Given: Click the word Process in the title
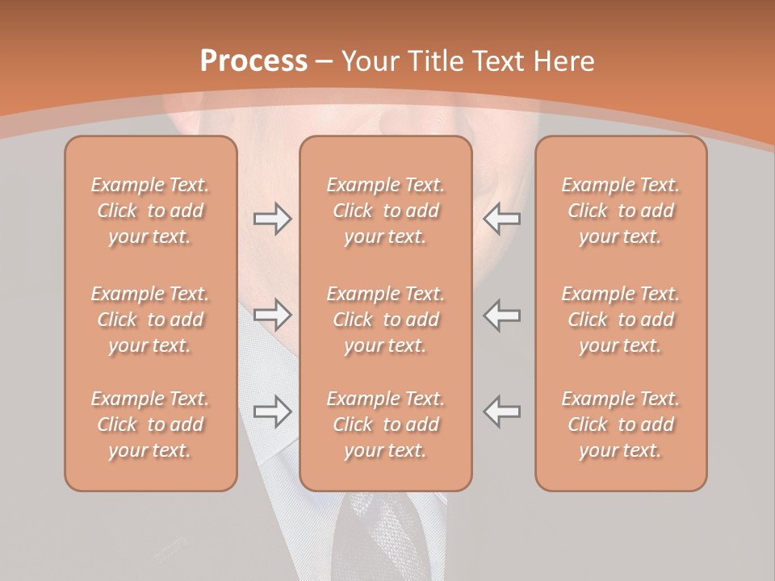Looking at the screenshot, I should pyautogui.click(x=253, y=61).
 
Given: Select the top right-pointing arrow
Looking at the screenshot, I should pyautogui.click(x=273, y=218).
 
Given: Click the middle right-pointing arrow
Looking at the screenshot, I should pyautogui.click(x=273, y=316).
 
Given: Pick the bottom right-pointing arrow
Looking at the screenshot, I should pyautogui.click(x=273, y=412).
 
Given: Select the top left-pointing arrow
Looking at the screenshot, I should pyautogui.click(x=501, y=218).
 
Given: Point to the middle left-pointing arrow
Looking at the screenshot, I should pyautogui.click(x=501, y=316).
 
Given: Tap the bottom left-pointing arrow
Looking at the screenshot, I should pyautogui.click(x=501, y=412).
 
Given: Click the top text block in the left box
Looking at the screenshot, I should pyautogui.click(x=150, y=211).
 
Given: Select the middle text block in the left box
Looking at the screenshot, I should pyautogui.click(x=150, y=320).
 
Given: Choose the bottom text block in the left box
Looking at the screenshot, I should pyautogui.click(x=150, y=424).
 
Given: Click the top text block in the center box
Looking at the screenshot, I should pyautogui.click(x=386, y=211).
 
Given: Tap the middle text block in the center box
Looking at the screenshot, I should pyautogui.click(x=386, y=320).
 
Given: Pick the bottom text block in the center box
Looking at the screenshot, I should pyautogui.click(x=386, y=424).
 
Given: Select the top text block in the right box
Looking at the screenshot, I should pyautogui.click(x=621, y=211).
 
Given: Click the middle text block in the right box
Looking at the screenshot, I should pyautogui.click(x=621, y=320).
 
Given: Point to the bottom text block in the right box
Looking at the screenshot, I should pyautogui.click(x=621, y=424).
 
